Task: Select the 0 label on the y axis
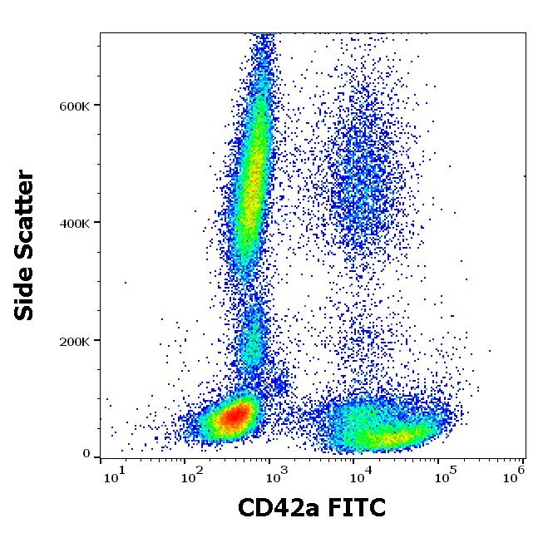[x=86, y=453]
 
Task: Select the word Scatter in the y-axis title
[x=25, y=220]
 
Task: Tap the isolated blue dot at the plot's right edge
[x=525, y=176]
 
